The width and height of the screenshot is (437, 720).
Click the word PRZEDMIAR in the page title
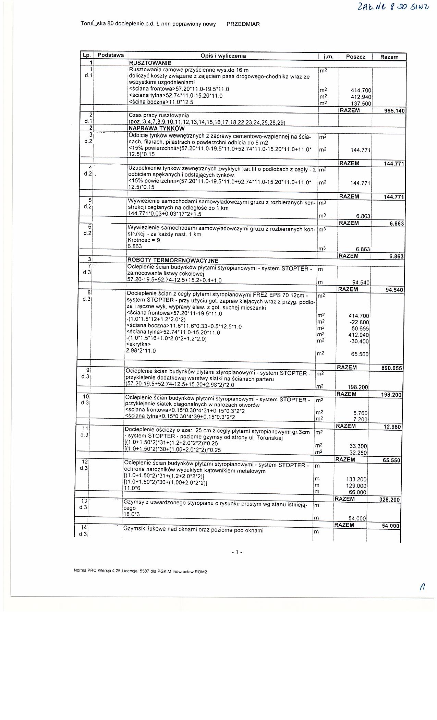pos(243,24)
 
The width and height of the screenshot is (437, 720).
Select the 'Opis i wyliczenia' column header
pos(223,56)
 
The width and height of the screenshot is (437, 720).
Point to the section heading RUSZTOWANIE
pos(150,63)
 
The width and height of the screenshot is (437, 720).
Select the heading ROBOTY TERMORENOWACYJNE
pos(172,260)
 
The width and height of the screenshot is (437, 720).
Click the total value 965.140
pos(393,111)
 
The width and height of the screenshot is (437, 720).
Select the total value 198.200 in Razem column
pos(391,395)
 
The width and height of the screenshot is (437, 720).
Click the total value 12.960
pos(392,427)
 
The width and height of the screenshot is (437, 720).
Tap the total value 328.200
pos(389,500)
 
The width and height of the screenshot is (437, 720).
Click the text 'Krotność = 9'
pos(144,240)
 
